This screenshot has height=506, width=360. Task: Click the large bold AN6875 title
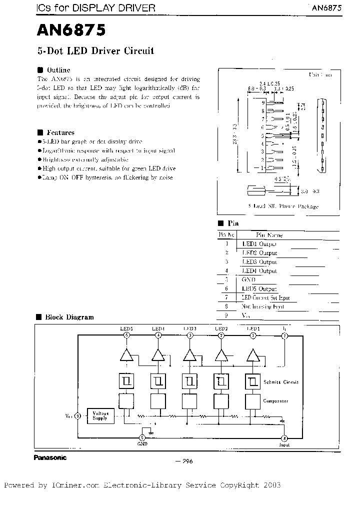(71, 31)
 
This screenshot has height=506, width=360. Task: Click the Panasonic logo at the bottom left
(50, 457)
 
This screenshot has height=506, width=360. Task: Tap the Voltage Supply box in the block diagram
(100, 415)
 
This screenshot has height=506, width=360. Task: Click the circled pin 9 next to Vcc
(77, 415)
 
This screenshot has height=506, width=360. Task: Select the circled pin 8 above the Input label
(284, 438)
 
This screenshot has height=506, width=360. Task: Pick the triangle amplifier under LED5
(127, 355)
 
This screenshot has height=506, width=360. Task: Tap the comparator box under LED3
(189, 401)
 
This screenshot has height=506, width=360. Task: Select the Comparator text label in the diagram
(276, 401)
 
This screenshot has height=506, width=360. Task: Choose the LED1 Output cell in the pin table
(259, 244)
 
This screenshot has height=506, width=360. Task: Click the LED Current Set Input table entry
(265, 298)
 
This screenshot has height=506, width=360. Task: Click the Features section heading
(60, 132)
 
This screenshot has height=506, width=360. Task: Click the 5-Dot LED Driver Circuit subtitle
(95, 51)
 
